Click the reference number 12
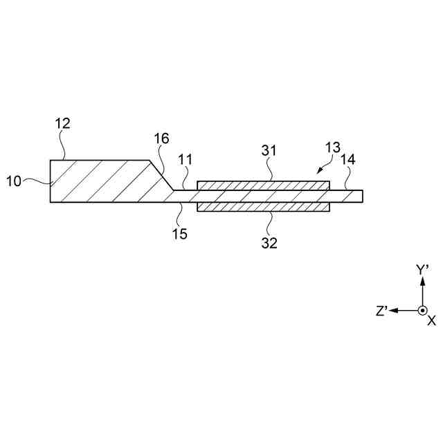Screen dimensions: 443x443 click(63, 124)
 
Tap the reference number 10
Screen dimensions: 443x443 click(14, 181)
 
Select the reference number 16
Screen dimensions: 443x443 click(161, 138)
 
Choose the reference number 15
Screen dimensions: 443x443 click(179, 234)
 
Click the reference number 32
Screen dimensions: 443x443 click(269, 242)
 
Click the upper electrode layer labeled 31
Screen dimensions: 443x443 click(263, 186)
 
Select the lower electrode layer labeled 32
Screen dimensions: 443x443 click(263, 207)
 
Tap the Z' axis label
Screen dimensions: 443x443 click(381, 311)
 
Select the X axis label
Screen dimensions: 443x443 click(431, 321)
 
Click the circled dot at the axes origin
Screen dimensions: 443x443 click(423, 311)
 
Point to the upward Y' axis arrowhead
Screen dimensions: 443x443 click(423, 281)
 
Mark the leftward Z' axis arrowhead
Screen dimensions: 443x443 click(392, 311)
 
